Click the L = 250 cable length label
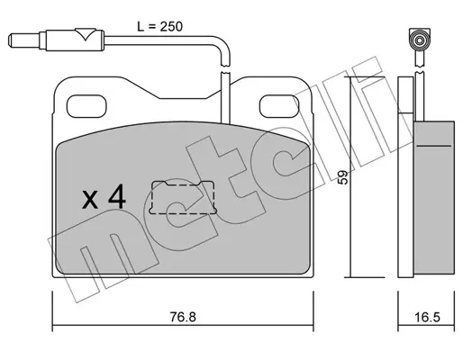pos(159,27)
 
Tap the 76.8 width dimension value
pos(183,317)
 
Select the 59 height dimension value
pos(342,177)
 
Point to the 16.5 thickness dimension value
pos(427,317)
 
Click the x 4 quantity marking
pos(104,197)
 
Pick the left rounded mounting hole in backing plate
pos(86,106)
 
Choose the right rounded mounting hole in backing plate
pos(279,106)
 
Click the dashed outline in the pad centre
pos(183,198)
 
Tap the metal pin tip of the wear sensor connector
pos(24,40)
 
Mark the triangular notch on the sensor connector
pos(86,34)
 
